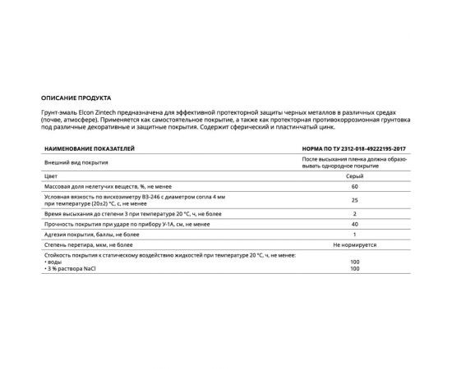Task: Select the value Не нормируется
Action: [x=354, y=245]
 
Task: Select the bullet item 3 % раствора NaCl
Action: [x=68, y=269]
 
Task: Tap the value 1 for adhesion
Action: [x=354, y=234]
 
